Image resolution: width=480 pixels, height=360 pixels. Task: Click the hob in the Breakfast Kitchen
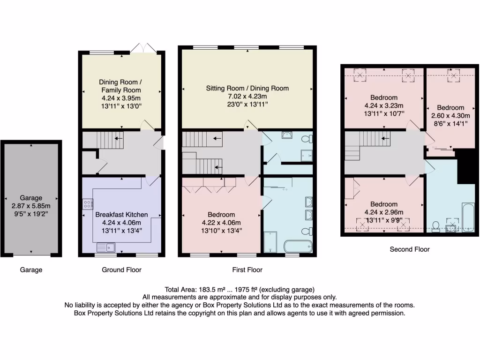coord(88,203)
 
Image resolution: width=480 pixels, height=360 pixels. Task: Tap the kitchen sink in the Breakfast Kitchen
coord(106,247)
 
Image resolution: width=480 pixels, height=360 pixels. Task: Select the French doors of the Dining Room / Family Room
coord(143,48)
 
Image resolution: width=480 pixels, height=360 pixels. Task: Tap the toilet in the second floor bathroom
coord(436,226)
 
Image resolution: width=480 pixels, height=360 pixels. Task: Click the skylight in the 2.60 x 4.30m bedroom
coord(453,75)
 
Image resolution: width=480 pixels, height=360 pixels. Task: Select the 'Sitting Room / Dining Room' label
coord(247,88)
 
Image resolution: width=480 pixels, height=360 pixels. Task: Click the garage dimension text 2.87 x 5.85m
coord(31,206)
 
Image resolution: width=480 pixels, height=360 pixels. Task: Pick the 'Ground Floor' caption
coord(121,270)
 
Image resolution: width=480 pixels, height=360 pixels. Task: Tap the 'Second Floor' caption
coord(410,249)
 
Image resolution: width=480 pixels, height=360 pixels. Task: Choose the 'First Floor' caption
coord(247,270)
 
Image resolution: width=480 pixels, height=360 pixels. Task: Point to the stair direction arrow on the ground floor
coord(119,138)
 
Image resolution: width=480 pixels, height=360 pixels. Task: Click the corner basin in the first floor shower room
coord(287,135)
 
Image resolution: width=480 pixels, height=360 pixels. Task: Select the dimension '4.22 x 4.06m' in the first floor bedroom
coord(221,222)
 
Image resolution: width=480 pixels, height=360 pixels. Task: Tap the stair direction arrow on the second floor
coord(385,138)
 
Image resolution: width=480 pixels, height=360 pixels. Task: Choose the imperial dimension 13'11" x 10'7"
coord(384,113)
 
